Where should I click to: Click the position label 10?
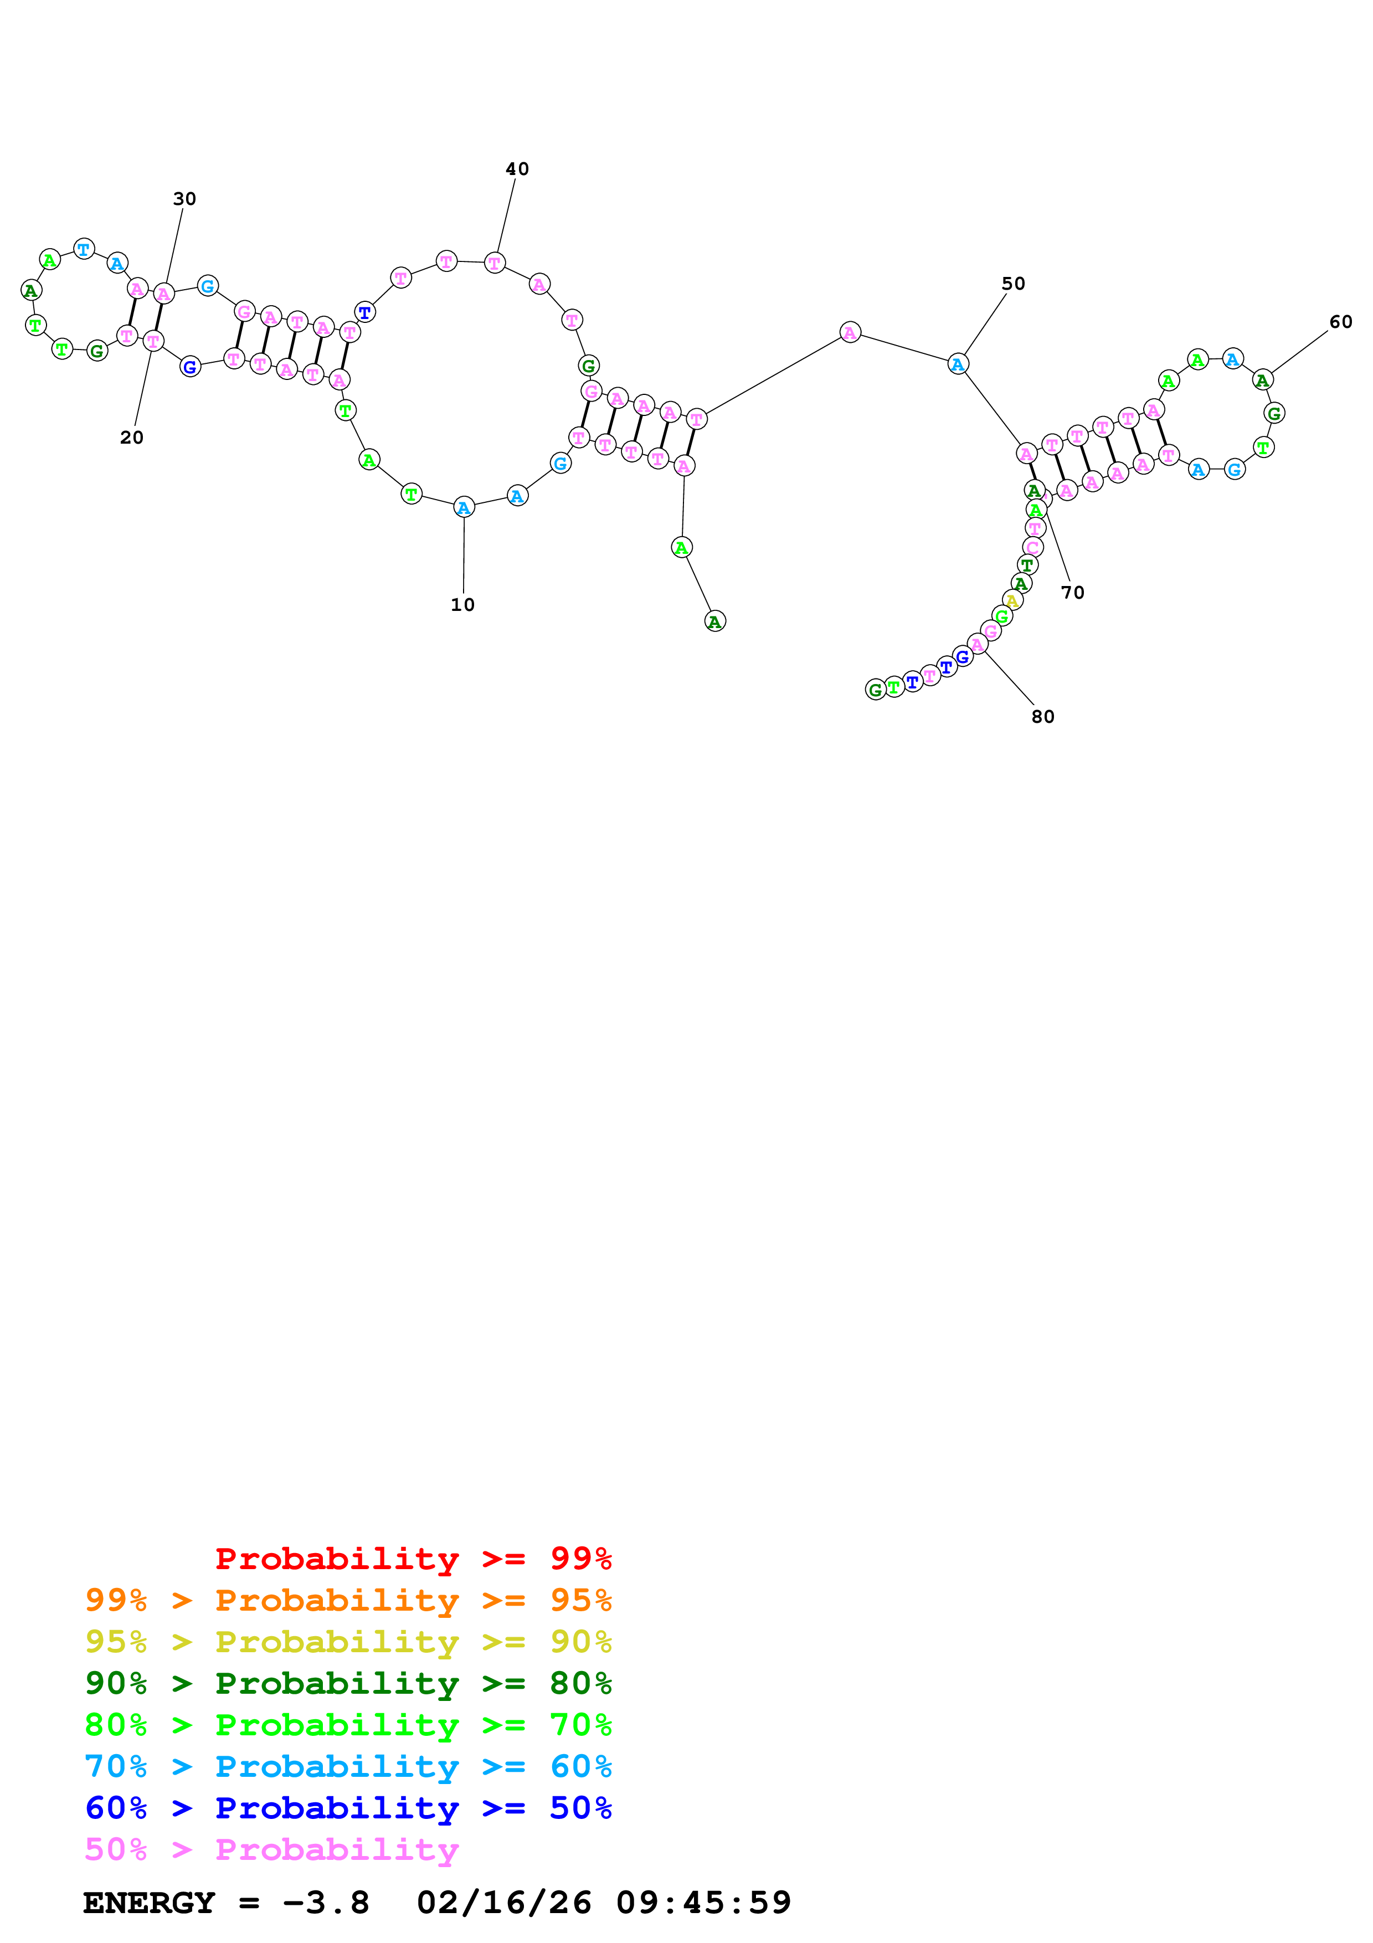462,605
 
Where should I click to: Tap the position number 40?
517,169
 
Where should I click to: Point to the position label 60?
1340,322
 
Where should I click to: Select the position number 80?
1042,717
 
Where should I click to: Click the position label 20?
131,438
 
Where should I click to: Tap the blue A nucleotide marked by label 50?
957,364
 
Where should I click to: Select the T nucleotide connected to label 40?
495,263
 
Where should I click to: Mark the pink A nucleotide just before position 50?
850,332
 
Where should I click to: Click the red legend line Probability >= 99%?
413,1558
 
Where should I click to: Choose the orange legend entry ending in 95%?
348,1600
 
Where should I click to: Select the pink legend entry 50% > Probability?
271,1849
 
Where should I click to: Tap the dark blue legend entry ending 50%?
348,1808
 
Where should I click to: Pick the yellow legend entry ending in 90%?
348,1641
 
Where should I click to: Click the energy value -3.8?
326,1903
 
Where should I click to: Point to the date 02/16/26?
504,1903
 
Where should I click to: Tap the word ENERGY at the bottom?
149,1903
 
